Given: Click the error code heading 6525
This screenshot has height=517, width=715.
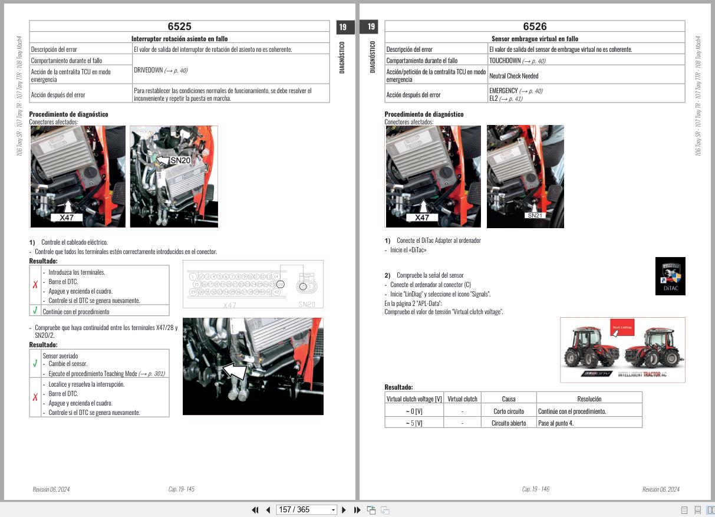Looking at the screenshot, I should pyautogui.click(x=179, y=27).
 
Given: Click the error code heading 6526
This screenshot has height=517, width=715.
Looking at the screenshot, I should pyautogui.click(x=535, y=27).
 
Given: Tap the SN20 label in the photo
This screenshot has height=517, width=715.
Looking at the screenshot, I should pyautogui.click(x=179, y=160).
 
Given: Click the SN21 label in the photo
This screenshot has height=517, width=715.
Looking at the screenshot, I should pyautogui.click(x=535, y=216).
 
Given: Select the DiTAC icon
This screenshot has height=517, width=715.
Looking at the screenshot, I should pyautogui.click(x=670, y=276).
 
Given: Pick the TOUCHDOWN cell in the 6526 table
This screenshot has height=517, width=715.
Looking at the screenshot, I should pyautogui.click(x=505, y=61).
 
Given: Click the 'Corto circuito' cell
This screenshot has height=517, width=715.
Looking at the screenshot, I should pyautogui.click(x=509, y=411).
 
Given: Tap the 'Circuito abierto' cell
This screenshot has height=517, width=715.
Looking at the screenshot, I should pyautogui.click(x=509, y=423).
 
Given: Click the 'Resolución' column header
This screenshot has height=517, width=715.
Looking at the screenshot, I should pyautogui.click(x=589, y=399).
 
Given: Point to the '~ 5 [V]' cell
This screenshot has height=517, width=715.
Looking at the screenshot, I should pyautogui.click(x=414, y=423).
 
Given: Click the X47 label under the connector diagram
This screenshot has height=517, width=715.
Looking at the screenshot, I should pyautogui.click(x=229, y=305).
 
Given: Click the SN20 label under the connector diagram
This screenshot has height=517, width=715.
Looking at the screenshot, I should pyautogui.click(x=307, y=304).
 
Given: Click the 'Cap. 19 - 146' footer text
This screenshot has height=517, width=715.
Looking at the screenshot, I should pyautogui.click(x=535, y=489).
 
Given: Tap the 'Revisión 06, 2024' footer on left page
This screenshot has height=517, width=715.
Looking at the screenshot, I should pyautogui.click(x=51, y=489).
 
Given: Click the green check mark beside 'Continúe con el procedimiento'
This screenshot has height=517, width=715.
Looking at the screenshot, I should pyautogui.click(x=35, y=311).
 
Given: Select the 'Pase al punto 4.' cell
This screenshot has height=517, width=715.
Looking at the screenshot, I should pyautogui.click(x=556, y=423).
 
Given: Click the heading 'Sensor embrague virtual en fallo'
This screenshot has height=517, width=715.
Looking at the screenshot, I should pyautogui.click(x=535, y=39).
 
